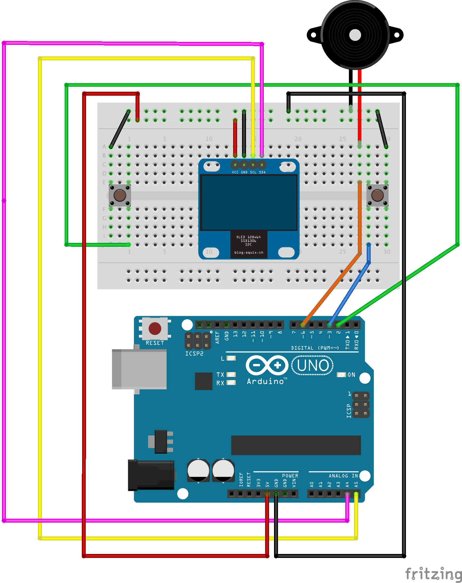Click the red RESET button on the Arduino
[155, 328]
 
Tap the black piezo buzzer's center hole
[355, 35]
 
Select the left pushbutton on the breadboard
[120, 195]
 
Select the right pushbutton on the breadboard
[377, 195]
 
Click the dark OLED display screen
[249, 202]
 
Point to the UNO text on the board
[313, 366]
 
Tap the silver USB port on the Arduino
[139, 369]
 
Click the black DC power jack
[151, 475]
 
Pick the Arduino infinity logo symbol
[267, 365]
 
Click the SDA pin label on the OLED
[262, 172]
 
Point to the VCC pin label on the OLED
[235, 172]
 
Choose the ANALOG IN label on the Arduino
[343, 476]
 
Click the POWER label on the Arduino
[290, 476]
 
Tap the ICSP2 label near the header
[194, 354]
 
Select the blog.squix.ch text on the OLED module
[249, 252]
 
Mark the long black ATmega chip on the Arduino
[296, 445]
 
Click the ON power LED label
[352, 375]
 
